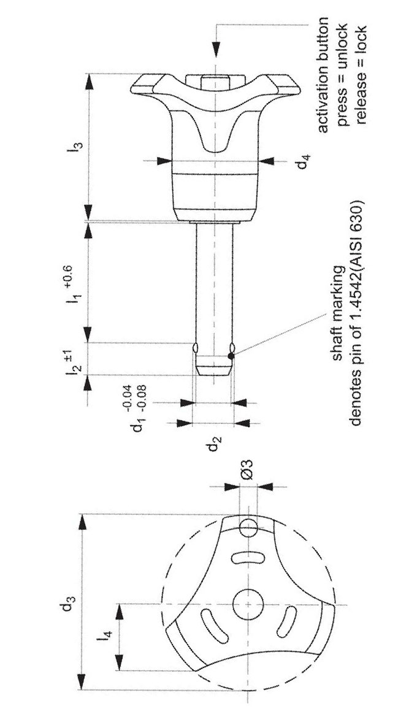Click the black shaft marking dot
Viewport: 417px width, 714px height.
(231, 356)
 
